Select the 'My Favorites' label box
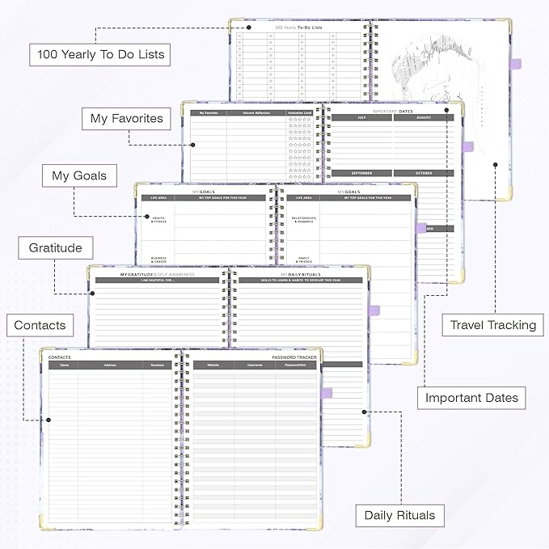126,119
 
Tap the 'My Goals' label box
79,175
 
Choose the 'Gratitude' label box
56,248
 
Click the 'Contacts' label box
40,326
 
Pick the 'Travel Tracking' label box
493,325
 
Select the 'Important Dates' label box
471,397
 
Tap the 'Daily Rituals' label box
399,515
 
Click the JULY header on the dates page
362,118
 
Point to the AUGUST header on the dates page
424,118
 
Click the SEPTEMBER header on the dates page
362,173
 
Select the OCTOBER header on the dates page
424,173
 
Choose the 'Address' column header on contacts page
110,365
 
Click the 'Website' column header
213,365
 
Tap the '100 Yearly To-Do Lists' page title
304,28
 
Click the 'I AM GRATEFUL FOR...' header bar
158,280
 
